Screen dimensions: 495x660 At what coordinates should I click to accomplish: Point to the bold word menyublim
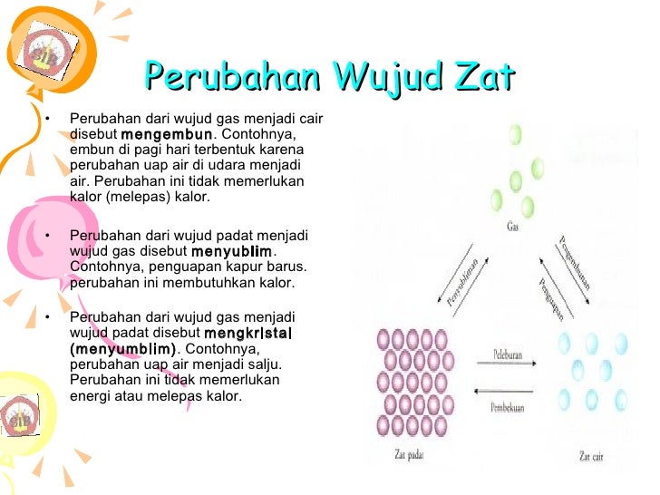click(x=230, y=251)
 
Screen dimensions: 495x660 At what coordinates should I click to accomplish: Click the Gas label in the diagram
click(x=514, y=228)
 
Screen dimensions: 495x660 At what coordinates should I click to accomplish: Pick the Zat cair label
click(x=590, y=456)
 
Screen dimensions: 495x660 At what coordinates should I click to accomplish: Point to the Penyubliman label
click(x=461, y=281)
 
